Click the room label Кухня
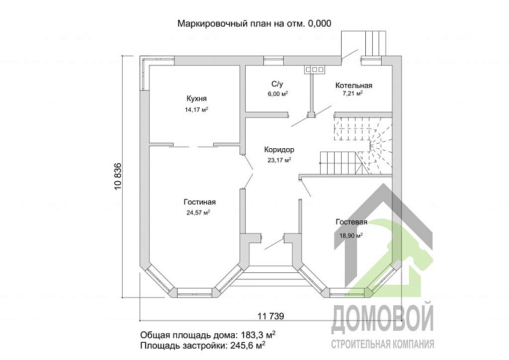point(197,99)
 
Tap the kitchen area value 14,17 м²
point(197,109)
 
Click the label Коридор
point(279,149)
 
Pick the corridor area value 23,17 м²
point(279,160)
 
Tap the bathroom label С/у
point(277,83)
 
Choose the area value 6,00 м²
point(278,93)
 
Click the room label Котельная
point(354,85)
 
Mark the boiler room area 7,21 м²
point(352,93)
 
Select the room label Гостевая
point(352,222)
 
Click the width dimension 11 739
point(270,315)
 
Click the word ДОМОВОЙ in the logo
point(383,318)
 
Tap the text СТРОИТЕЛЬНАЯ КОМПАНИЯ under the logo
point(383,344)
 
